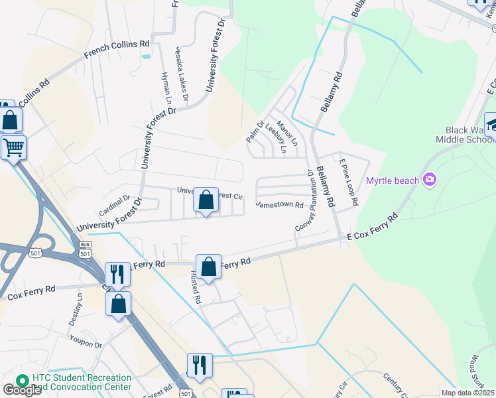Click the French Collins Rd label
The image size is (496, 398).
click(x=117, y=49)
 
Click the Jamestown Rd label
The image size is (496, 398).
click(x=279, y=204)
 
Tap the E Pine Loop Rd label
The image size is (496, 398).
click(x=349, y=180)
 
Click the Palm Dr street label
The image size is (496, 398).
click(x=255, y=131)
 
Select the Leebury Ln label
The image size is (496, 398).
click(x=275, y=139)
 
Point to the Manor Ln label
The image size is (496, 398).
click(x=288, y=133)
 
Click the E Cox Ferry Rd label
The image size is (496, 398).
click(x=372, y=227)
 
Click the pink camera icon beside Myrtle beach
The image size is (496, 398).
click(x=430, y=179)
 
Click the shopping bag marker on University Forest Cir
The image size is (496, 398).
click(x=206, y=199)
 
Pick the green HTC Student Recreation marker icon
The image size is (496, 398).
click(x=22, y=381)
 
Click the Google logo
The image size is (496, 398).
click(x=21, y=390)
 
